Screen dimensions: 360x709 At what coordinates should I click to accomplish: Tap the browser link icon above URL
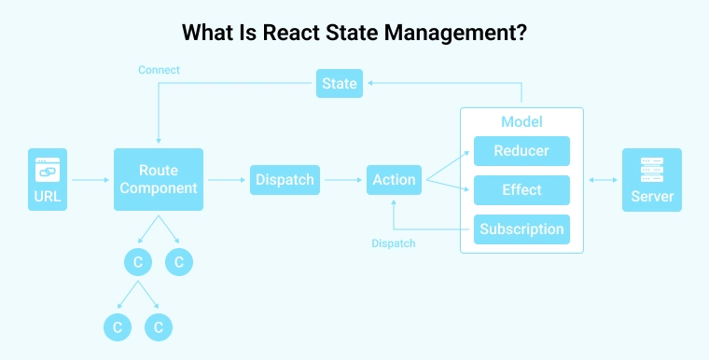pos(48,169)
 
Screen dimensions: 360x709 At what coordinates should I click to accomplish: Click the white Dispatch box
pos(285,179)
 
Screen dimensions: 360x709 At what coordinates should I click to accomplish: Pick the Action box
pos(394,179)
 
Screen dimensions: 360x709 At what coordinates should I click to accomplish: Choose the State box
pos(339,83)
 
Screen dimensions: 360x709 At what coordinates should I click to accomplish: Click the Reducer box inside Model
pos(521,151)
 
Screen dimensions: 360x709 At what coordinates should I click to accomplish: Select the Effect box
pos(521,189)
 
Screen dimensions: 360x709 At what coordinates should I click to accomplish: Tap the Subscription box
pos(521,228)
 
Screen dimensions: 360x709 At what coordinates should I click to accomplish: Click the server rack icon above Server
pos(652,170)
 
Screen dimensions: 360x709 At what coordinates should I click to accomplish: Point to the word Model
pos(521,122)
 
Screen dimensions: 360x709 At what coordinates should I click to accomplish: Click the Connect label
pos(159,70)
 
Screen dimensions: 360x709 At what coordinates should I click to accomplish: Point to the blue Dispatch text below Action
pos(393,243)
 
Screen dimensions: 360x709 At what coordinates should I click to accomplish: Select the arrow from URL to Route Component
pos(90,179)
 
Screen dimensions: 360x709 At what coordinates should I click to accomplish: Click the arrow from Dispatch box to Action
pos(340,179)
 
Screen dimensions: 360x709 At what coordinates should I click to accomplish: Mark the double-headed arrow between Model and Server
pos(602,179)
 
